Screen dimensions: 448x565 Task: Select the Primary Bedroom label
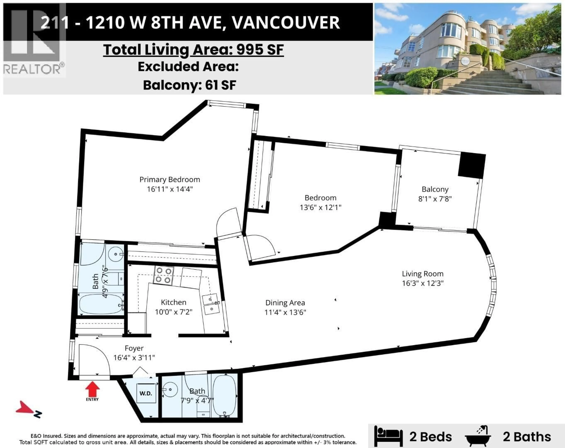click(169, 180)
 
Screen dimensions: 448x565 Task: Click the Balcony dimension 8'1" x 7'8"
click(435, 199)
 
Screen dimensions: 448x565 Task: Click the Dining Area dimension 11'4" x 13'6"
click(285, 312)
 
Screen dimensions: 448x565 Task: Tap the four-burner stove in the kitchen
click(163, 275)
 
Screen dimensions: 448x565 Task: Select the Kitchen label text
click(173, 302)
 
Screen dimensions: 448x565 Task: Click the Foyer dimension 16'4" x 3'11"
click(134, 358)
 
